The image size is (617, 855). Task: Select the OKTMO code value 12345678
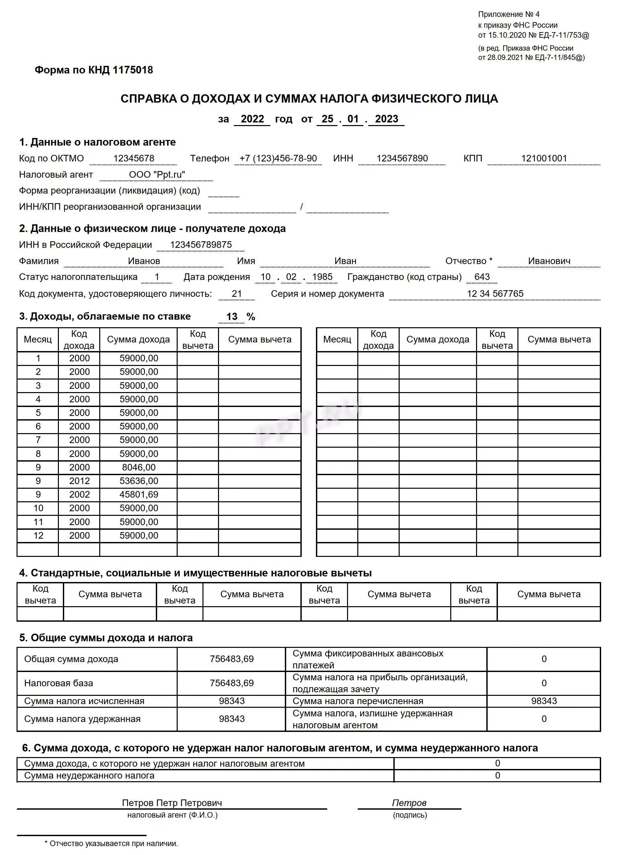tap(134, 158)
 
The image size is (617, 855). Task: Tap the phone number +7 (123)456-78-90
tap(278, 158)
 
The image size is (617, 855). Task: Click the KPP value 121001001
tap(544, 158)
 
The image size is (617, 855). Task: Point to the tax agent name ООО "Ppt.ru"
tap(157, 175)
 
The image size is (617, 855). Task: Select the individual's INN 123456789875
tap(201, 245)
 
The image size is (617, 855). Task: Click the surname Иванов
tap(144, 261)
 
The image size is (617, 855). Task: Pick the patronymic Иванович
tap(549, 261)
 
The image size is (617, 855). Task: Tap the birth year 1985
tap(322, 277)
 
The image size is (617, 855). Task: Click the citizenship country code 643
tap(482, 277)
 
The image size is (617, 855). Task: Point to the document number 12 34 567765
tap(495, 294)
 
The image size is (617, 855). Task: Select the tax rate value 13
tap(232, 317)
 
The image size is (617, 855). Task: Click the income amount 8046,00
tap(139, 468)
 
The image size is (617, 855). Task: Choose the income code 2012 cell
tap(79, 481)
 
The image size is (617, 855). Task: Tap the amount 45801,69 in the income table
tap(139, 495)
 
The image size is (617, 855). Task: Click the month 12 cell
tap(38, 536)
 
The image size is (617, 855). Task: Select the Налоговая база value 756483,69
tap(232, 683)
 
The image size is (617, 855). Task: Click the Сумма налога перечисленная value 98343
tap(544, 701)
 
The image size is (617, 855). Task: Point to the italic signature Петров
tap(409, 803)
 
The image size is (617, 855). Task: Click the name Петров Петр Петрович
tap(172, 803)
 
